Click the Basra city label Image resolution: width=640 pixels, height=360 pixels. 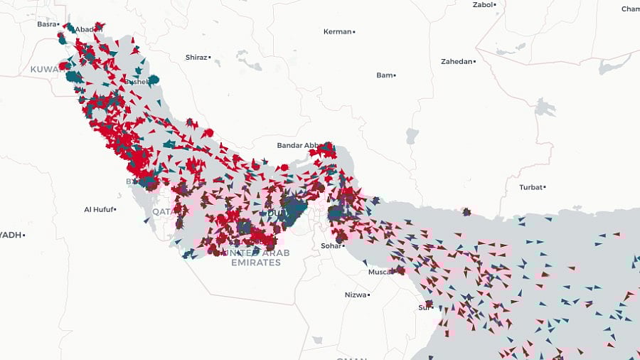coord(46,23)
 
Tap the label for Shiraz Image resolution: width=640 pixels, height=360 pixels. coord(196,57)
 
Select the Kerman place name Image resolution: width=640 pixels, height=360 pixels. coord(337,31)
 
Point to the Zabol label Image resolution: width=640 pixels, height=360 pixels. coord(483,5)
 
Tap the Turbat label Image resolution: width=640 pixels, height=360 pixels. coord(530,187)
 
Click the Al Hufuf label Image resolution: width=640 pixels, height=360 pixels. coord(97,209)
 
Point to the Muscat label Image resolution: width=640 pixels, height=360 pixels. coord(380,272)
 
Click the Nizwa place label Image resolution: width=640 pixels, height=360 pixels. coord(356,295)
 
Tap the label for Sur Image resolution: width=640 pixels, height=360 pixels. coord(424,307)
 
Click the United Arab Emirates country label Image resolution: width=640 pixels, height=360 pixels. coord(256,258)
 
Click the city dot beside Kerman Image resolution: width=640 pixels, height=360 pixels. coord(353,31)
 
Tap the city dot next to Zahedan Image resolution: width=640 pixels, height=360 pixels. coord(475,61)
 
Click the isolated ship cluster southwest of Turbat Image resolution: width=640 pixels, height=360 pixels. coord(466,211)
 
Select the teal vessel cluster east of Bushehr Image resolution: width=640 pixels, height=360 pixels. coord(153,80)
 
